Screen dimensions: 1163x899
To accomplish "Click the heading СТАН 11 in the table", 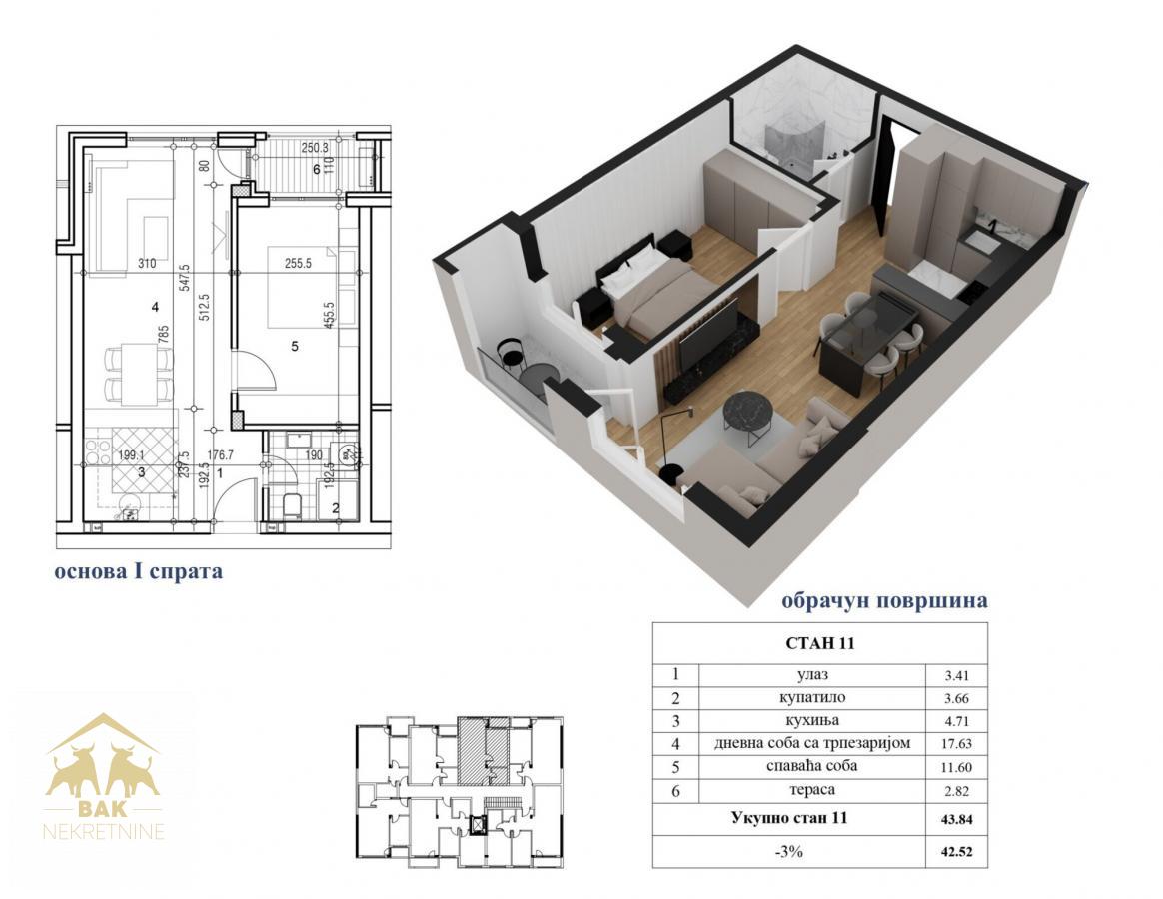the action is (819, 643).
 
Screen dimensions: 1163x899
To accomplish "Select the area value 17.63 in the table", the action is (957, 743).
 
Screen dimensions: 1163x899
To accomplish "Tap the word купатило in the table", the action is (812, 697).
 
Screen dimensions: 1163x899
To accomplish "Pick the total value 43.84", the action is (957, 819).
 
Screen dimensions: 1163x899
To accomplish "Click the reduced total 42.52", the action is (957, 851).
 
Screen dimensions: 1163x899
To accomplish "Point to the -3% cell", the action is (789, 851).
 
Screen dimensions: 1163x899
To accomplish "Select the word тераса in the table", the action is (812, 790).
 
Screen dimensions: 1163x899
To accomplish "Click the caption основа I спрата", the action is (139, 572).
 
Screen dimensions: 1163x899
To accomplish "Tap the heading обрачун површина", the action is (884, 600).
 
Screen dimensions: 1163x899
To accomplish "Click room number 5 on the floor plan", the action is (295, 346).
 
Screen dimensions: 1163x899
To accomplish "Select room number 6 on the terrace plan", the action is (317, 169).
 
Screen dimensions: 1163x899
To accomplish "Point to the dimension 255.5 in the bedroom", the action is (298, 263).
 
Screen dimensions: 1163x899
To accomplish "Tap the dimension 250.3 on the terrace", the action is (315, 148).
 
